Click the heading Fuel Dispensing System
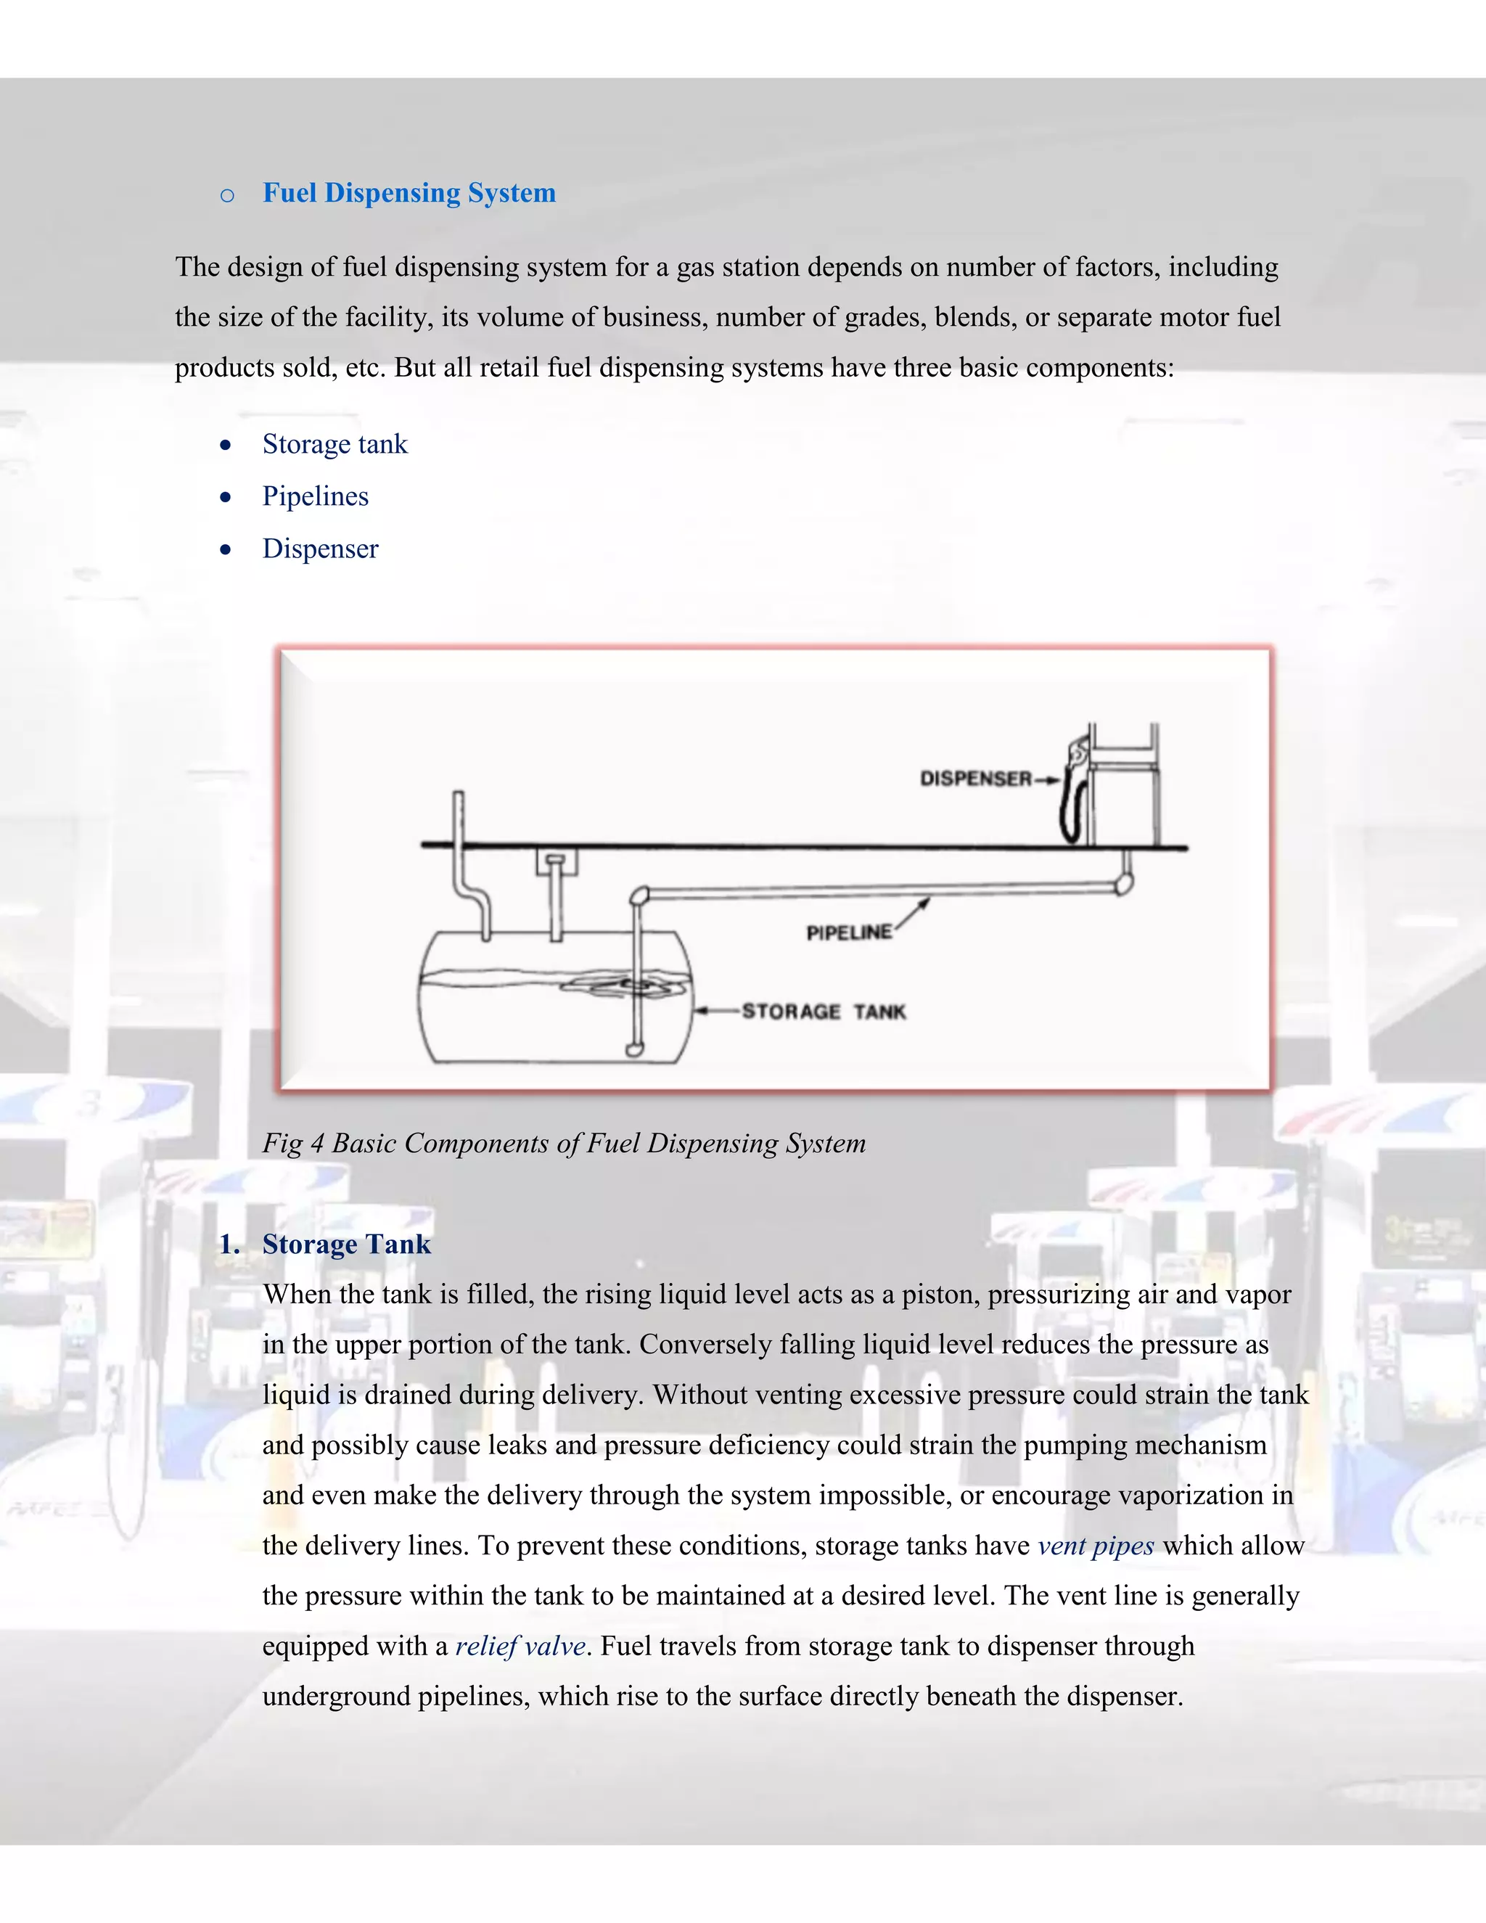(x=409, y=193)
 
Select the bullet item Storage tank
(x=334, y=444)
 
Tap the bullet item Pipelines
(x=315, y=496)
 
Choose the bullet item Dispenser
(x=321, y=549)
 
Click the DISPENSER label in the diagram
(x=975, y=779)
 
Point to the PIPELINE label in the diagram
(x=849, y=932)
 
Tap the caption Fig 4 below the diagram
(x=563, y=1144)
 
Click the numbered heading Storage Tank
(x=346, y=1244)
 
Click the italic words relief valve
(x=520, y=1647)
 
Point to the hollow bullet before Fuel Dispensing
(x=227, y=195)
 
